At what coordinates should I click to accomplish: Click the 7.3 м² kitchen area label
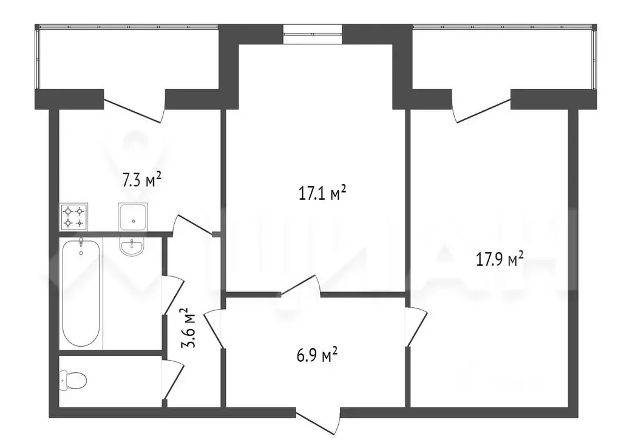point(142,180)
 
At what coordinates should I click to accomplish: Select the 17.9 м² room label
point(500,260)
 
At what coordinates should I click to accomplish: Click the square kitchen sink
point(132,217)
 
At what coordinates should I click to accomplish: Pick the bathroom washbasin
point(132,247)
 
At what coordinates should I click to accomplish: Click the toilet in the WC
point(72,381)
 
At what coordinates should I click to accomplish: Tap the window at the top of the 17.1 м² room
point(313,31)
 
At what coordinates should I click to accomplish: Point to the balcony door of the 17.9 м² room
point(481,107)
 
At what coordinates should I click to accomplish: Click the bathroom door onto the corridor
point(172,295)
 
